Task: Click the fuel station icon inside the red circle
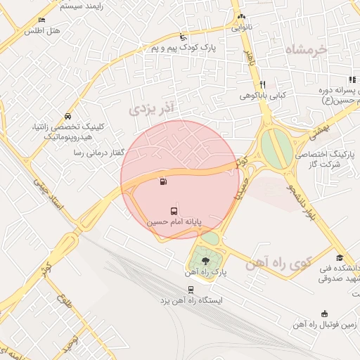[164, 182]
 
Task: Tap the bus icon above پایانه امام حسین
[174, 210]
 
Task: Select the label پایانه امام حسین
[174, 221]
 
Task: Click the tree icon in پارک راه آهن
[206, 261]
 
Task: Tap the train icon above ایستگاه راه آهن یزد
[191, 290]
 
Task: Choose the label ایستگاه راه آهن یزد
[191, 300]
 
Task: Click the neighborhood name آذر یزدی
[151, 108]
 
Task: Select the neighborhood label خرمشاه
[307, 49]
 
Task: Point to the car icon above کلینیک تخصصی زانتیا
[67, 115]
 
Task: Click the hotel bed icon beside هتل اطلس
[42, 20]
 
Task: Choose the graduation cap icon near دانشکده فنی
[340, 257]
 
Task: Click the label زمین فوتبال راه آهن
[324, 325]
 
